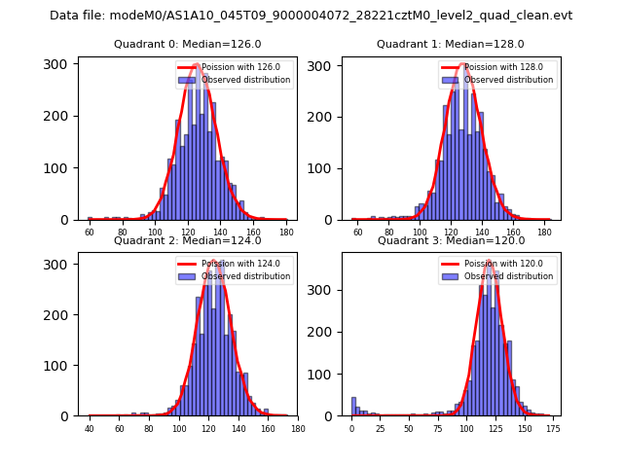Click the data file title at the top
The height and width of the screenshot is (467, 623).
pos(311,16)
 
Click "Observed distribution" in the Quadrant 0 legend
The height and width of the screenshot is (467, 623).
pos(245,80)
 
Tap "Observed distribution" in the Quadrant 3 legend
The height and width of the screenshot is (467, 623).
pos(508,276)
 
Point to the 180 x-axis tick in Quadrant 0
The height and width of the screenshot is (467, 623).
pos(286,233)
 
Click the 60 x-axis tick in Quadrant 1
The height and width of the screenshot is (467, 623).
pos(357,233)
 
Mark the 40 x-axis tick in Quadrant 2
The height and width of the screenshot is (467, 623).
pos(90,429)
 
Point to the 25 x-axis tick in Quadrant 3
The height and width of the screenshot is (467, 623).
pos(381,429)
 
